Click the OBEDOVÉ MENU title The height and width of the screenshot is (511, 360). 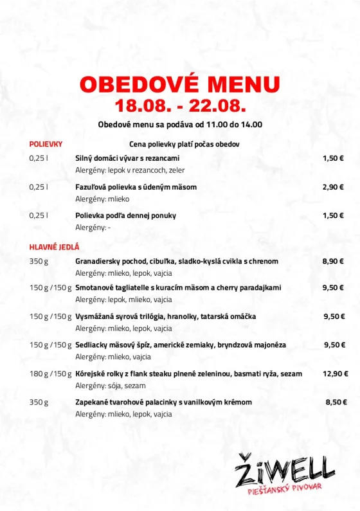tap(180, 84)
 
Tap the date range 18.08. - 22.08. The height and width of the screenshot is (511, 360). tap(180, 105)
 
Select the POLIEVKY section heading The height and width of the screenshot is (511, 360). tap(46, 144)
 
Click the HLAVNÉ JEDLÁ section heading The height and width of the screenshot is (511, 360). tap(54, 247)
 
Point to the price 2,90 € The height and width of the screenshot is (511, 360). tap(333, 187)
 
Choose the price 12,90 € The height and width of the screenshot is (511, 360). tap(335, 373)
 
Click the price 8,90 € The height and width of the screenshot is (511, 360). tap(333, 262)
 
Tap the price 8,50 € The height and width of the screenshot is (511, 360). tap(336, 402)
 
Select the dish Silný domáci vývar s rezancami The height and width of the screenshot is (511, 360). tap(127, 158)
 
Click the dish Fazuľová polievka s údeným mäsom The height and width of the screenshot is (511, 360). tap(136, 187)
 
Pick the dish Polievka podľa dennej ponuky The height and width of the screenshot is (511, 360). tap(125, 215)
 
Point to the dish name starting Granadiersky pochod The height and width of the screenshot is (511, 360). tap(177, 262)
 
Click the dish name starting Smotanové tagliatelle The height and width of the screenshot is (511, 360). tap(178, 288)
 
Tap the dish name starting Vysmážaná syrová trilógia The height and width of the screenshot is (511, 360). tap(166, 316)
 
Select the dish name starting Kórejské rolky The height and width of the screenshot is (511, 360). tap(188, 373)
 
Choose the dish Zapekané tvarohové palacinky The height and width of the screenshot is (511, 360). tap(163, 402)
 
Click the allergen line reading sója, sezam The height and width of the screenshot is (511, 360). tap(111, 386)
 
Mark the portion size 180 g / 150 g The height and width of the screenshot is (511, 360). tap(50, 373)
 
